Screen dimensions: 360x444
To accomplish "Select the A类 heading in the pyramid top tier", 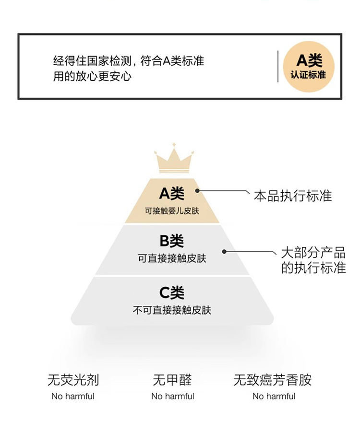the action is pyautogui.click(x=172, y=194).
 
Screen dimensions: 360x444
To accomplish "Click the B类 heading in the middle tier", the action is pyautogui.click(x=172, y=241).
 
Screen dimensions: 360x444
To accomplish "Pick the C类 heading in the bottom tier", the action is pyautogui.click(x=172, y=292).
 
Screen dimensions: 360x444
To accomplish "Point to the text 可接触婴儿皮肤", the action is pyautogui.click(x=172, y=211).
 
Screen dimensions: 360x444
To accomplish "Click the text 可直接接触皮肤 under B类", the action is pyautogui.click(x=172, y=258).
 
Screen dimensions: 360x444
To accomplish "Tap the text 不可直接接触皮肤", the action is pyautogui.click(x=172, y=310).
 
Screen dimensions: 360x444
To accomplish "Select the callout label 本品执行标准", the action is pyautogui.click(x=292, y=196).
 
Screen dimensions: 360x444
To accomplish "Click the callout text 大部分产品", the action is pyautogui.click(x=313, y=253).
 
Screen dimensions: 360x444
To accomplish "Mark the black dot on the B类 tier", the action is pyautogui.click(x=224, y=251).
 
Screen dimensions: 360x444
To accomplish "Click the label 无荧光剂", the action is pyautogui.click(x=73, y=380).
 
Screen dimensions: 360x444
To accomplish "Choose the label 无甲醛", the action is pyautogui.click(x=172, y=380).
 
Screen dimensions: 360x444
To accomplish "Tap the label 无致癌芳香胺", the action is pyautogui.click(x=273, y=380).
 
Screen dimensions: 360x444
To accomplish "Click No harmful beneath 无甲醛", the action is pyautogui.click(x=173, y=396).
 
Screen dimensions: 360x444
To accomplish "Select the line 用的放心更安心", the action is pyautogui.click(x=92, y=77).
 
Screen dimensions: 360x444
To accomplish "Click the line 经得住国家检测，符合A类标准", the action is pyautogui.click(x=128, y=61).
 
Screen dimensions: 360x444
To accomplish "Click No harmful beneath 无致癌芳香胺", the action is pyautogui.click(x=274, y=396).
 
